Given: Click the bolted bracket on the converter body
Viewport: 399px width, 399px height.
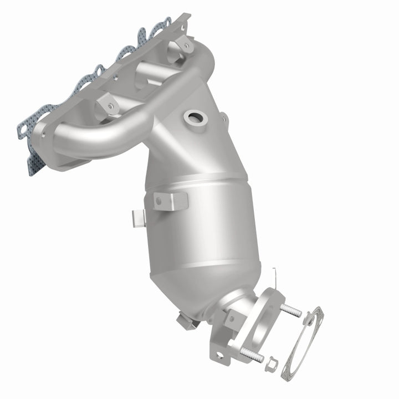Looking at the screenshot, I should coord(171,201).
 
